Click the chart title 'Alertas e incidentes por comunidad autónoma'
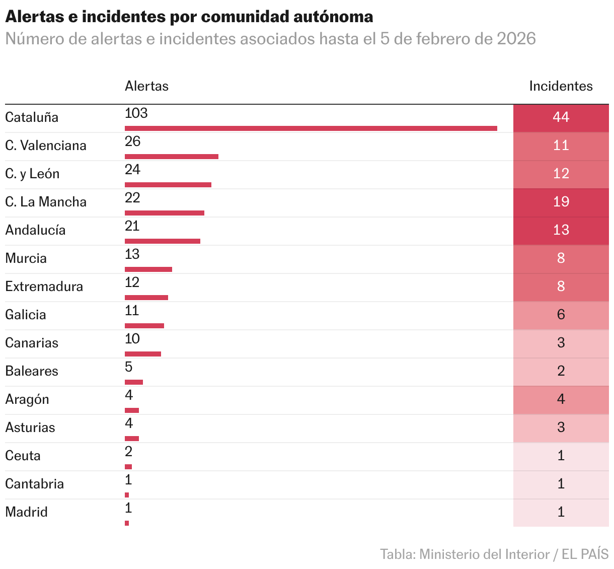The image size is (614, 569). [189, 17]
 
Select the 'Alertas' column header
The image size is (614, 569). [146, 86]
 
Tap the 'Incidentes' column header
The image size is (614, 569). [561, 86]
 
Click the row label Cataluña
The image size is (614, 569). [32, 117]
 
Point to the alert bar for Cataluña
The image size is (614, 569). [311, 128]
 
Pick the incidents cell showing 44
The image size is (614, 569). [561, 117]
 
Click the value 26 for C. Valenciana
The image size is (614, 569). [132, 141]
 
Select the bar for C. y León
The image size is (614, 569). [168, 185]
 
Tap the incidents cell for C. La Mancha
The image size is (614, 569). [561, 202]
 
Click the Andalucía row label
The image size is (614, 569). [35, 230]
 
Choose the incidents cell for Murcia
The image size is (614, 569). [561, 258]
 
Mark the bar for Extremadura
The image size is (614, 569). [146, 298]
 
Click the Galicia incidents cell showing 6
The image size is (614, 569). [561, 315]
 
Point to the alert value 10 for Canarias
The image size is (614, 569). [132, 339]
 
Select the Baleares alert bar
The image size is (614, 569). [134, 382]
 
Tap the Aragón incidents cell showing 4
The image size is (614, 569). [561, 399]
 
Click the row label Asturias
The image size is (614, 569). [30, 428]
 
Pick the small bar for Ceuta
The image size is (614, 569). [128, 467]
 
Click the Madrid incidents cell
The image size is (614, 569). [561, 512]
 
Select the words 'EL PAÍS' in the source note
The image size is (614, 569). [585, 554]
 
